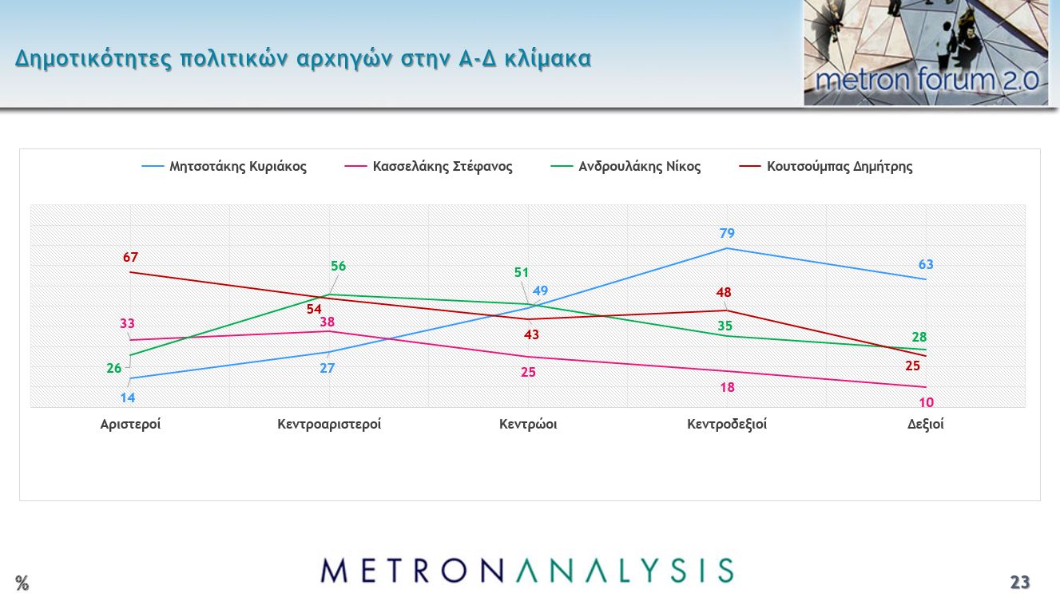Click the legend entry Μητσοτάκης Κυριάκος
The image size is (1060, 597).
pyautogui.click(x=237, y=167)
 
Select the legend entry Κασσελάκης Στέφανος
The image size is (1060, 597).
pyautogui.click(x=442, y=167)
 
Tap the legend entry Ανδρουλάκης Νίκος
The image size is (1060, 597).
pyautogui.click(x=639, y=167)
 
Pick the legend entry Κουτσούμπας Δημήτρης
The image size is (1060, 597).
pyautogui.click(x=839, y=167)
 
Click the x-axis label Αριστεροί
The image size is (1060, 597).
pyautogui.click(x=130, y=425)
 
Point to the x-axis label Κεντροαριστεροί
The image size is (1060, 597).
pyautogui.click(x=329, y=425)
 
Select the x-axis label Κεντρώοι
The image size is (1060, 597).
pyautogui.click(x=528, y=425)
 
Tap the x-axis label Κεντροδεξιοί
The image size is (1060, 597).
pyautogui.click(x=727, y=425)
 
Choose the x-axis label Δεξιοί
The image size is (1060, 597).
pyautogui.click(x=926, y=425)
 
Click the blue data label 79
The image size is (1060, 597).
pyautogui.click(x=727, y=234)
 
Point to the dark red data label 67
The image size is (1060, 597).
pyautogui.click(x=131, y=258)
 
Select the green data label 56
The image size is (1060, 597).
pyautogui.click(x=339, y=267)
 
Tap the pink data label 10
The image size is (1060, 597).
pyautogui.click(x=926, y=402)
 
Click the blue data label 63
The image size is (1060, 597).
pyautogui.click(x=926, y=265)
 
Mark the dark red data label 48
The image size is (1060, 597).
pyautogui.click(x=724, y=293)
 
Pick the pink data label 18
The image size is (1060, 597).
pyautogui.click(x=727, y=388)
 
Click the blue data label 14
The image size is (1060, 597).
pyautogui.click(x=128, y=398)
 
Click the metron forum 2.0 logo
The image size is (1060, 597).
pyautogui.click(x=926, y=53)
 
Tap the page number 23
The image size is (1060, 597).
pyautogui.click(x=1019, y=583)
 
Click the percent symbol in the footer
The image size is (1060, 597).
pyautogui.click(x=22, y=583)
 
